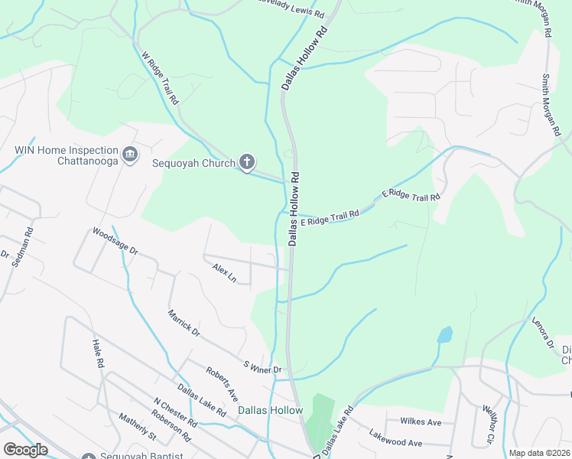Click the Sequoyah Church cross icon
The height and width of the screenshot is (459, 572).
click(x=246, y=161)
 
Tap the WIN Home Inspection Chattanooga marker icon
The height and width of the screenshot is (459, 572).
click(x=129, y=155)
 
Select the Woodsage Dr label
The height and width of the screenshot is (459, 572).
click(x=115, y=240)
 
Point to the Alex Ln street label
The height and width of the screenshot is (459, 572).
click(x=224, y=272)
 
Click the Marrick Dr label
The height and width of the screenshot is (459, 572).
click(x=184, y=323)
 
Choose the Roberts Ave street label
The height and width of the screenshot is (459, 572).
click(x=221, y=382)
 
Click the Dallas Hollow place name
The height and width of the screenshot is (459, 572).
click(x=270, y=410)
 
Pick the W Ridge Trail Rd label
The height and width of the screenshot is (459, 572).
click(x=161, y=78)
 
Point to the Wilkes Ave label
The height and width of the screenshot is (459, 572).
click(x=421, y=422)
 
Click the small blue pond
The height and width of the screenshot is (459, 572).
click(x=444, y=334)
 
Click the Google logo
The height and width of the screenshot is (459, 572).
click(x=25, y=450)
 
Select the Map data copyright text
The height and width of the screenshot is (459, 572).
click(x=539, y=453)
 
